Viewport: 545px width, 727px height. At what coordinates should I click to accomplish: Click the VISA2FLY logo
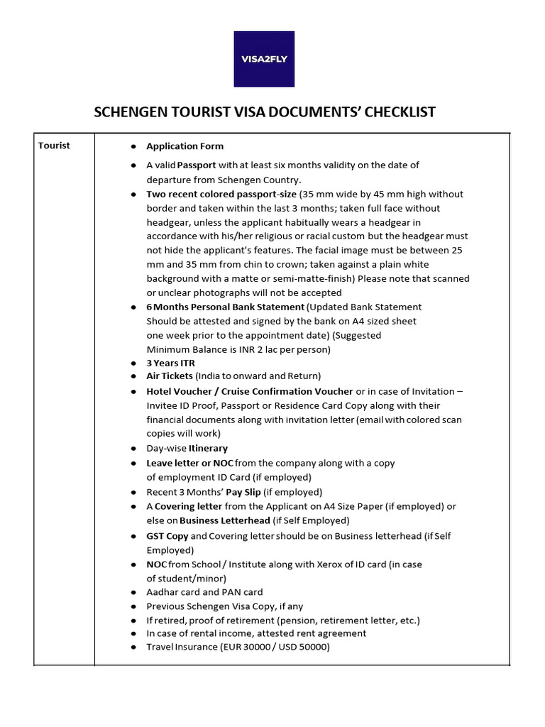point(264,58)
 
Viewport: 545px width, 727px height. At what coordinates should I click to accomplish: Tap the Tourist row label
point(54,146)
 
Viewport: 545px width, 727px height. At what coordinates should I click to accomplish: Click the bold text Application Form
point(185,146)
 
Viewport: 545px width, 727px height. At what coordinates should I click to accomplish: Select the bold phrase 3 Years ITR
point(170,363)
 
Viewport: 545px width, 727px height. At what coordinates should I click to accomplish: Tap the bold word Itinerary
point(208,449)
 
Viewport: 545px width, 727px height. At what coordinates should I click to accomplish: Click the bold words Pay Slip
point(243,492)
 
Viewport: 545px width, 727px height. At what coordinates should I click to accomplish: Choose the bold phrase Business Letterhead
point(225,520)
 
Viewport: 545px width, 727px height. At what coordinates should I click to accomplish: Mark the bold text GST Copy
point(167,536)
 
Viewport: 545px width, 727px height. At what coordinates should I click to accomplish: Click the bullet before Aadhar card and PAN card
point(133,592)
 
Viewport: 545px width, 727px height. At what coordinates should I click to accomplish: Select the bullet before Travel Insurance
point(133,647)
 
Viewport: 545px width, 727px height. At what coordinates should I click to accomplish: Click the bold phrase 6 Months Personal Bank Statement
point(226,307)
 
